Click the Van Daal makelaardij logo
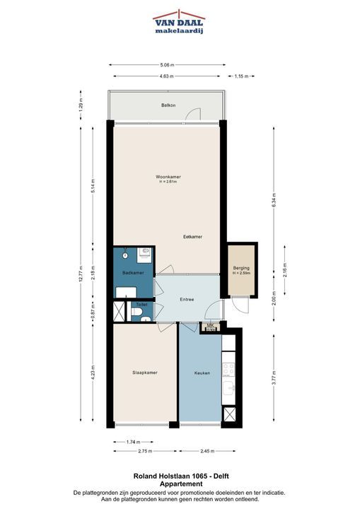click(179, 22)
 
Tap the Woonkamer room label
click(168, 177)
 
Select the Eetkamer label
click(192, 237)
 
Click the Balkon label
click(168, 105)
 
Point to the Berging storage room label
click(241, 268)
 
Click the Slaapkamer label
click(145, 373)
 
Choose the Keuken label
click(202, 373)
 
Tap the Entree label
click(187, 299)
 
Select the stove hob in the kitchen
click(228, 370)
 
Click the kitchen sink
click(229, 388)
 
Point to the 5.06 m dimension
click(167, 65)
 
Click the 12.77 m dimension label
click(81, 274)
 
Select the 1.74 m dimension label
click(133, 442)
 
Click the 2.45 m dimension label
click(207, 451)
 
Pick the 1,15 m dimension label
click(241, 76)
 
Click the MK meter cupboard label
click(210, 325)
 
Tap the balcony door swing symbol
click(193, 113)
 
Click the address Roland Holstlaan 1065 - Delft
click(181, 476)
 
